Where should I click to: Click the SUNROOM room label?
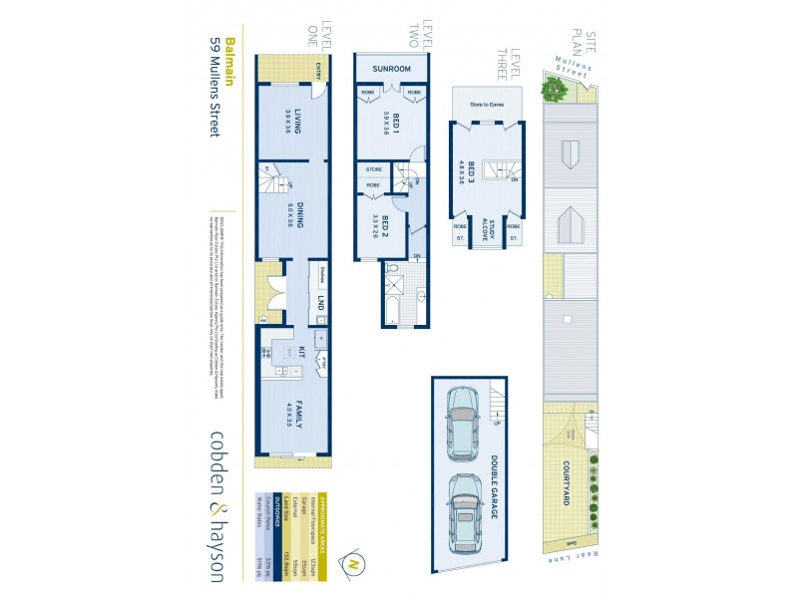click(x=392, y=68)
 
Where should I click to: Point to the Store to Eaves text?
click(x=486, y=103)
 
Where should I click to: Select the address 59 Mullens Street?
click(x=213, y=87)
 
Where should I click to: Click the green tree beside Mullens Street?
click(x=554, y=90)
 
